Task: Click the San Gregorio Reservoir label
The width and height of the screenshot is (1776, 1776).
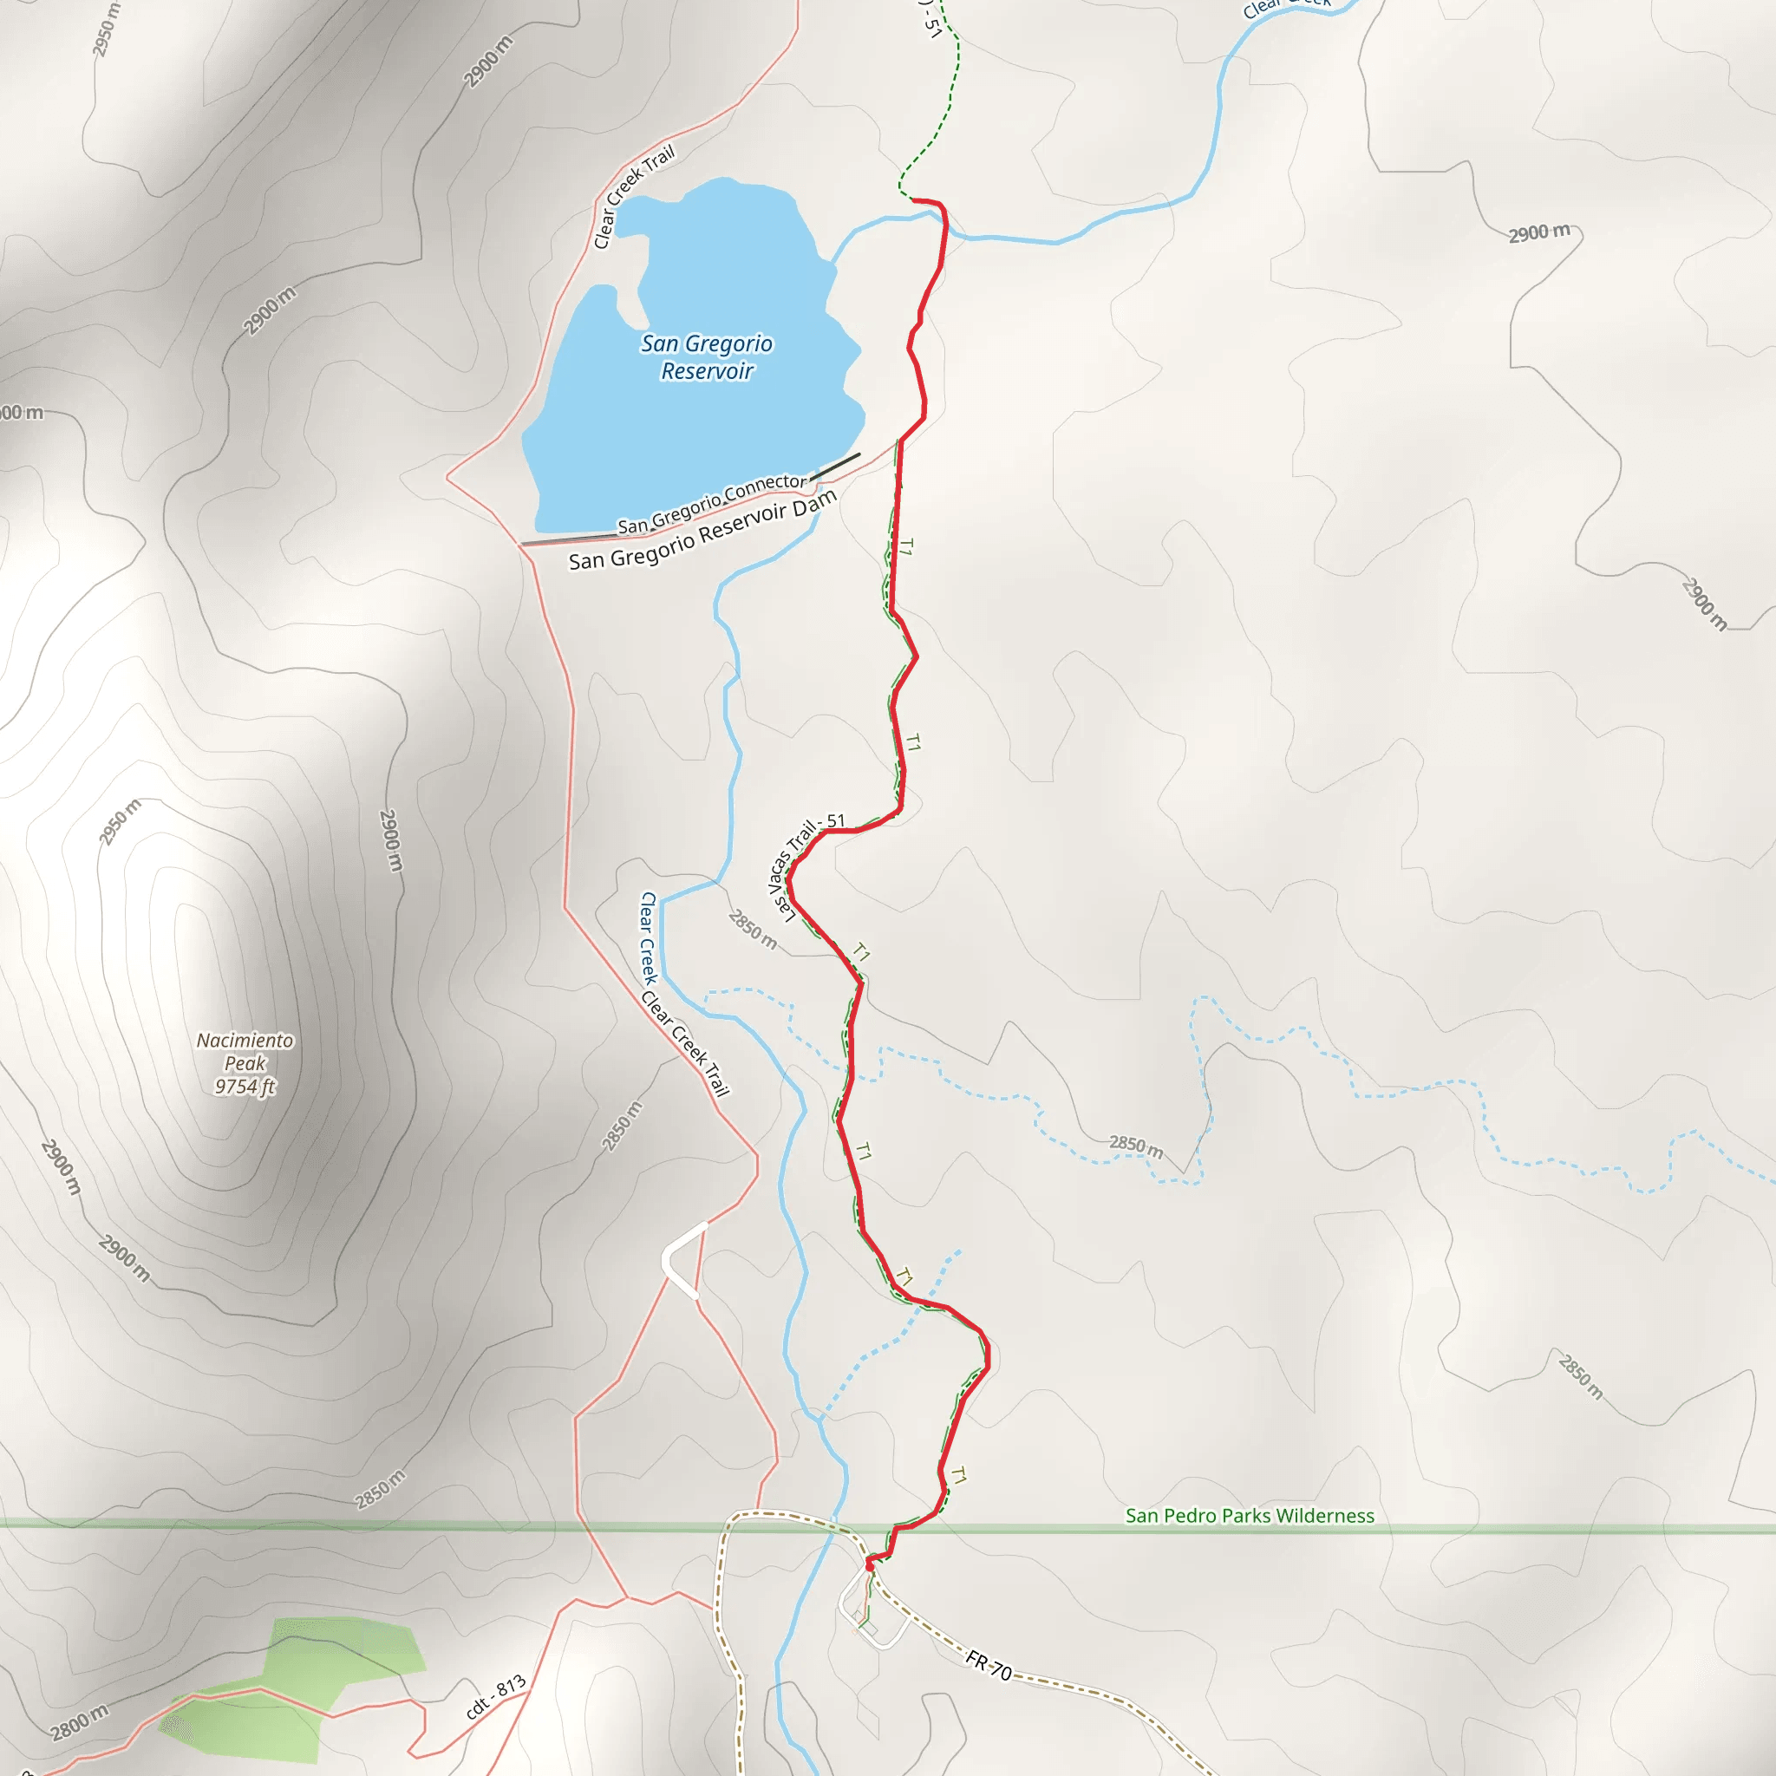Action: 706,356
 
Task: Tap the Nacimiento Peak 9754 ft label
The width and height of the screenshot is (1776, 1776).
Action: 245,1063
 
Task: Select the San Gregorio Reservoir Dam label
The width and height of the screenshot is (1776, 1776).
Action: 702,531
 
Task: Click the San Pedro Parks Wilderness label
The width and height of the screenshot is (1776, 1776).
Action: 1250,1516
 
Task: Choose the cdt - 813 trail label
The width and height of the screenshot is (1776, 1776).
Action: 495,1697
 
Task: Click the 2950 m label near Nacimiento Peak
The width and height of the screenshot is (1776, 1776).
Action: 121,822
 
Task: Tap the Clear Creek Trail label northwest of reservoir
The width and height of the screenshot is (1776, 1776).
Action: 634,196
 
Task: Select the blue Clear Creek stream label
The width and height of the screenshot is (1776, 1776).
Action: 648,937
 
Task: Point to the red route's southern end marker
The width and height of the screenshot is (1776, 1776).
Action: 870,1562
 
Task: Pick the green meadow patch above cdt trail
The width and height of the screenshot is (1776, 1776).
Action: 345,1645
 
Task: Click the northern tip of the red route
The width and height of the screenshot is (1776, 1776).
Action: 913,199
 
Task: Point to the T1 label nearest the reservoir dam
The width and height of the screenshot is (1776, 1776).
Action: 906,548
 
